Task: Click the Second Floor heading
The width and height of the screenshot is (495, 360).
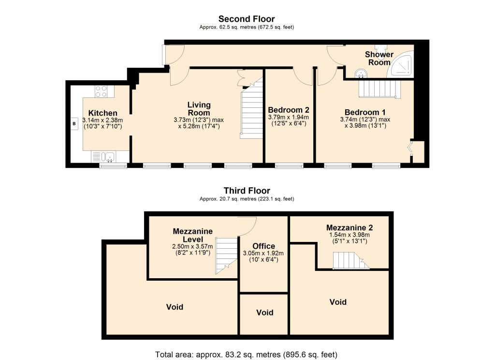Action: tap(247, 19)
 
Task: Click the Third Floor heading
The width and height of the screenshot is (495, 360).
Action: tap(247, 191)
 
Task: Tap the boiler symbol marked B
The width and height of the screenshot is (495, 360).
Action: tap(74, 123)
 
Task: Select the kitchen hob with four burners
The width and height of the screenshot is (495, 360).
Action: tap(101, 91)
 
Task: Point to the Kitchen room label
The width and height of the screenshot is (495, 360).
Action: tap(102, 113)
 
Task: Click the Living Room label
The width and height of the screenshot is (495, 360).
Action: tap(199, 108)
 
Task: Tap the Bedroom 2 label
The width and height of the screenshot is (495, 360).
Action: tap(289, 109)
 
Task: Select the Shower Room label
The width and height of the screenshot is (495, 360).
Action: tap(379, 58)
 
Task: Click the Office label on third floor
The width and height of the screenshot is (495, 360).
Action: tap(263, 246)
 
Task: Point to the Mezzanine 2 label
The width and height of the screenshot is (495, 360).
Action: tap(349, 227)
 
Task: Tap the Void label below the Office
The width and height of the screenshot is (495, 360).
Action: tap(265, 313)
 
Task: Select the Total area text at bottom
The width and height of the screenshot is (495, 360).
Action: tap(246, 354)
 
